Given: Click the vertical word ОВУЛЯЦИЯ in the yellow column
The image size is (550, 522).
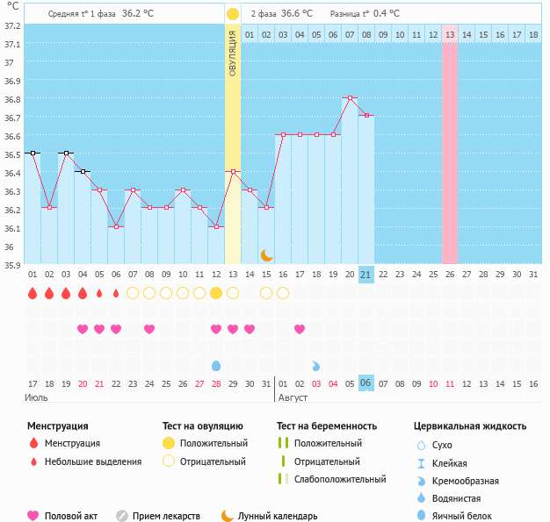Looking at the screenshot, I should [232, 54].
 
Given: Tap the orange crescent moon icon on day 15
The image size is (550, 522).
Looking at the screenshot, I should [266, 254].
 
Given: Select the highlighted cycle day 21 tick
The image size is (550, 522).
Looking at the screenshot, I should [366, 275].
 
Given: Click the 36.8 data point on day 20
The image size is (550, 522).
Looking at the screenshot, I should [350, 97].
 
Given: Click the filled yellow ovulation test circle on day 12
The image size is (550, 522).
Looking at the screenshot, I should [216, 293].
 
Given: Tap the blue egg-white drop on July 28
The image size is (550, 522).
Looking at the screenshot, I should [216, 365].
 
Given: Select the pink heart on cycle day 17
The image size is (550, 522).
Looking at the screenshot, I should [300, 329].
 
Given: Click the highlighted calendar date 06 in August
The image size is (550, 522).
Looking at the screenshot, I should [366, 383].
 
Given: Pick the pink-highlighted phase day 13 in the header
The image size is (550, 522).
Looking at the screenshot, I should [450, 34].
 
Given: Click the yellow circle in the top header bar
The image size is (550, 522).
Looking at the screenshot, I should [232, 14].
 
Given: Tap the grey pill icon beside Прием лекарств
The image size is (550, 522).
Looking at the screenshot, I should [122, 516].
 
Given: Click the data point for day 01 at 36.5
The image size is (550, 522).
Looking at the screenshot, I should [33, 153].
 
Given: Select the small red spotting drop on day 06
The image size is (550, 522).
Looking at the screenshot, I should [116, 293].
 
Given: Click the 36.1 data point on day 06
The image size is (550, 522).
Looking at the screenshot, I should [116, 226].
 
